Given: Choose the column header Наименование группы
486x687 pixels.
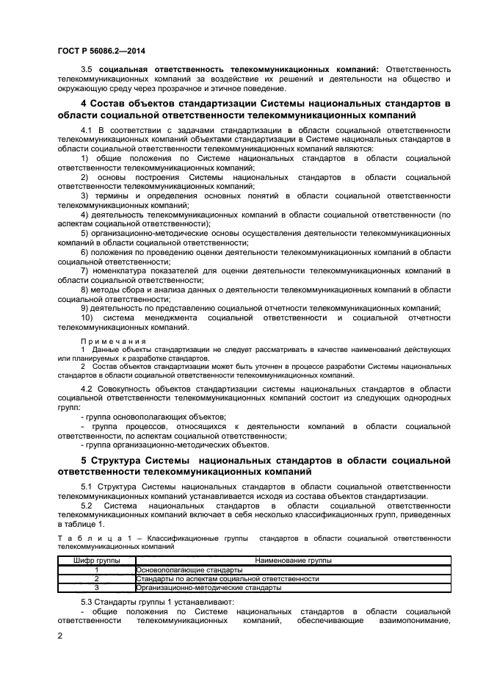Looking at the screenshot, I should pos(292,561).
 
